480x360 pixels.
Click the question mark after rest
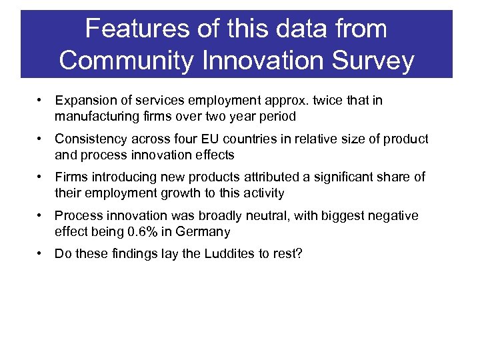pos(299,255)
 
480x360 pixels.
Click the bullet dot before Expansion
pos(41,101)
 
